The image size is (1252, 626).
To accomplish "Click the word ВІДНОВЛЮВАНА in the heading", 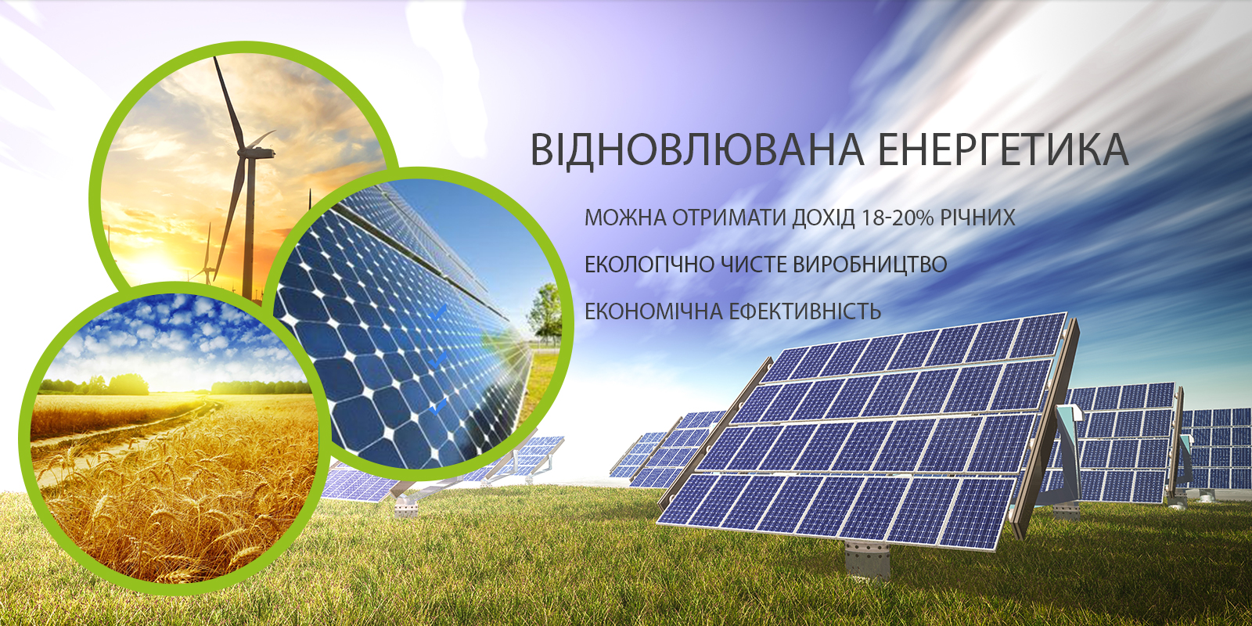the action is tap(689, 149).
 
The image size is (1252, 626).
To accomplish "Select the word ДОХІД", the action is tap(824, 218).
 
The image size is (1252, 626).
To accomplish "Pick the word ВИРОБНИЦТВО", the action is tap(870, 264).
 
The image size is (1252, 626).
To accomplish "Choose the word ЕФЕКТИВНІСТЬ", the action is tap(805, 311).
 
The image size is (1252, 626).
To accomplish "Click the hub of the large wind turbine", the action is tap(246, 151).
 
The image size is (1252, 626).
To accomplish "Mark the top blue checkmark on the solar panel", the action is tap(437, 313).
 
